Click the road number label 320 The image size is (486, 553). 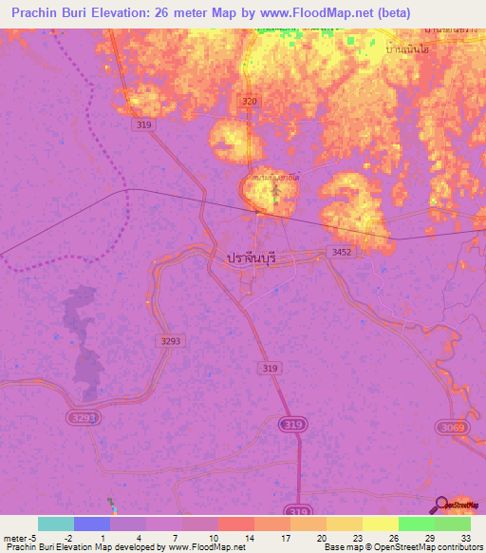(249, 101)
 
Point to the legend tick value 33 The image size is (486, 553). (465, 537)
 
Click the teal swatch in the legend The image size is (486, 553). (56, 524)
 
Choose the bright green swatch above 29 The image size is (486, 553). (416, 524)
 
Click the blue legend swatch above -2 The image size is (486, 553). (92, 524)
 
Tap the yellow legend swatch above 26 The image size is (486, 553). (380, 524)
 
